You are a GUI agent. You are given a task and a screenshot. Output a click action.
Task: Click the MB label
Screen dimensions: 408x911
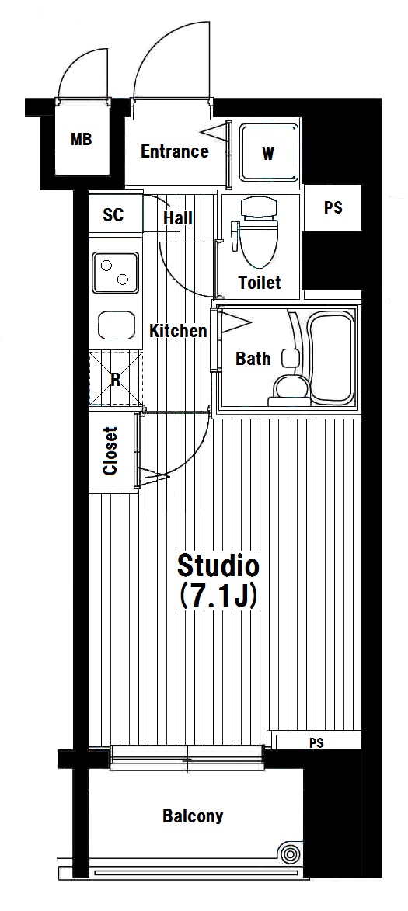(x=82, y=140)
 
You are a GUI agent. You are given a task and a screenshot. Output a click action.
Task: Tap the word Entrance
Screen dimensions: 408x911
(x=175, y=151)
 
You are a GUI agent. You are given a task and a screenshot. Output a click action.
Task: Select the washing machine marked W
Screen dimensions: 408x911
(x=268, y=153)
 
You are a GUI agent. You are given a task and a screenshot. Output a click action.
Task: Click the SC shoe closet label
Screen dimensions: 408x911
(x=113, y=215)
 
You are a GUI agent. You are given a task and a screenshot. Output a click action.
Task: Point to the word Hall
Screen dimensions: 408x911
(x=178, y=218)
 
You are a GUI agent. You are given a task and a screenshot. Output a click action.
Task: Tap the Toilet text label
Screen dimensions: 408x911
(x=260, y=283)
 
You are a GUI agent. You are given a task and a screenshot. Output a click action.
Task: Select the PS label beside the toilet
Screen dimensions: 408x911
(x=333, y=208)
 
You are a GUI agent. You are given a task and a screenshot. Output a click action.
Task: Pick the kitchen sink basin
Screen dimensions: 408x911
(x=117, y=325)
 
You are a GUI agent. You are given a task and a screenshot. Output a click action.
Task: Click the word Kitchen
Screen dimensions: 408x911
(x=179, y=331)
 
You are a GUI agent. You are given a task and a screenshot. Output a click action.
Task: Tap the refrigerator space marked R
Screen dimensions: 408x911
(x=116, y=379)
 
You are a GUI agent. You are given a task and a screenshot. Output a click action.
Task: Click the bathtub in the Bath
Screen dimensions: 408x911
(x=331, y=357)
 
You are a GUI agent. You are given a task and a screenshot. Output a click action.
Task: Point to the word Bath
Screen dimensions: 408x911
(x=253, y=359)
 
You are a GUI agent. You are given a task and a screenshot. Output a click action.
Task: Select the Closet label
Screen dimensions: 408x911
(x=110, y=451)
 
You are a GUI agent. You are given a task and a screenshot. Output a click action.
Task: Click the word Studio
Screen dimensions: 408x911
(x=218, y=565)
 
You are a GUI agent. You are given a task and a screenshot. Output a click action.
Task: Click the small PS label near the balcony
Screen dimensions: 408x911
(x=317, y=743)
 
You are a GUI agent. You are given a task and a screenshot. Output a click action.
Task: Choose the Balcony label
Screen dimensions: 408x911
(x=193, y=816)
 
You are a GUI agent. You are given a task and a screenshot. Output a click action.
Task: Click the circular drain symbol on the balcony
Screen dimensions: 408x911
(x=288, y=854)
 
